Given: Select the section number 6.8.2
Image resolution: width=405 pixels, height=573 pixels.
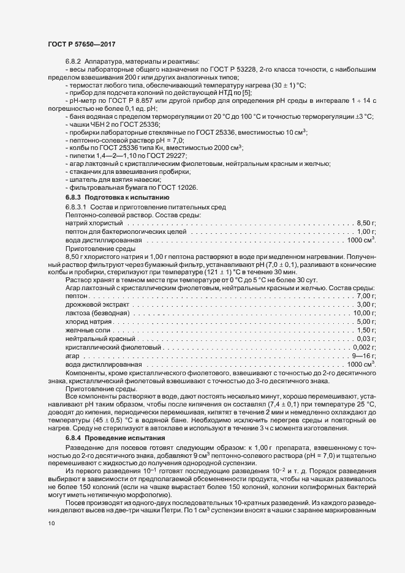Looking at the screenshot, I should [x=74, y=62].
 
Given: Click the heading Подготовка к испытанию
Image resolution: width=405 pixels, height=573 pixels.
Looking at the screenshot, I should [x=115, y=198].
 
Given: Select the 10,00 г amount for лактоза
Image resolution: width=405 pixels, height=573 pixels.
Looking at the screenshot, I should [x=364, y=313].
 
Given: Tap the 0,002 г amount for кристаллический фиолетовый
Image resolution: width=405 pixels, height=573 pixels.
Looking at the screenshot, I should [x=364, y=347].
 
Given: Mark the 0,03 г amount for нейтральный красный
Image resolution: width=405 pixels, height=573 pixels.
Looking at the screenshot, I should [x=366, y=339].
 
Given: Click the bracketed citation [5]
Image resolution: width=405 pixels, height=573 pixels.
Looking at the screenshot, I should [x=246, y=92].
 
